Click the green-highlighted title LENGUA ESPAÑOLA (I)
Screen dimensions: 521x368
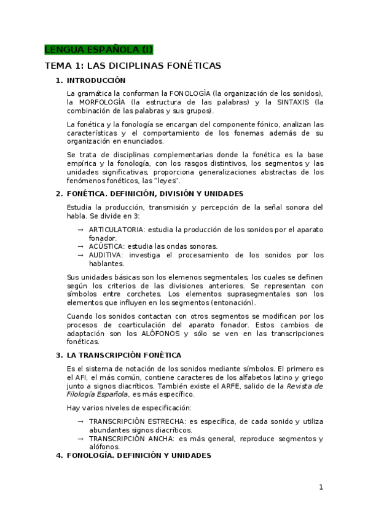[98, 50]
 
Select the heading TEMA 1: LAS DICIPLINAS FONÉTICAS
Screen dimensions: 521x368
[133, 65]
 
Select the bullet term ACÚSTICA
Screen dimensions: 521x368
[106, 246]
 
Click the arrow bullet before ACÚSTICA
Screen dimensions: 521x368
[80, 246]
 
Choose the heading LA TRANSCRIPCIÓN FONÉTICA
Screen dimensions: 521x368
[123, 355]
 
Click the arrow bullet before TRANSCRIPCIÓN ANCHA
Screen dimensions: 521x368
[80, 439]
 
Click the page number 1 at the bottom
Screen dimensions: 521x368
[321, 487]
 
